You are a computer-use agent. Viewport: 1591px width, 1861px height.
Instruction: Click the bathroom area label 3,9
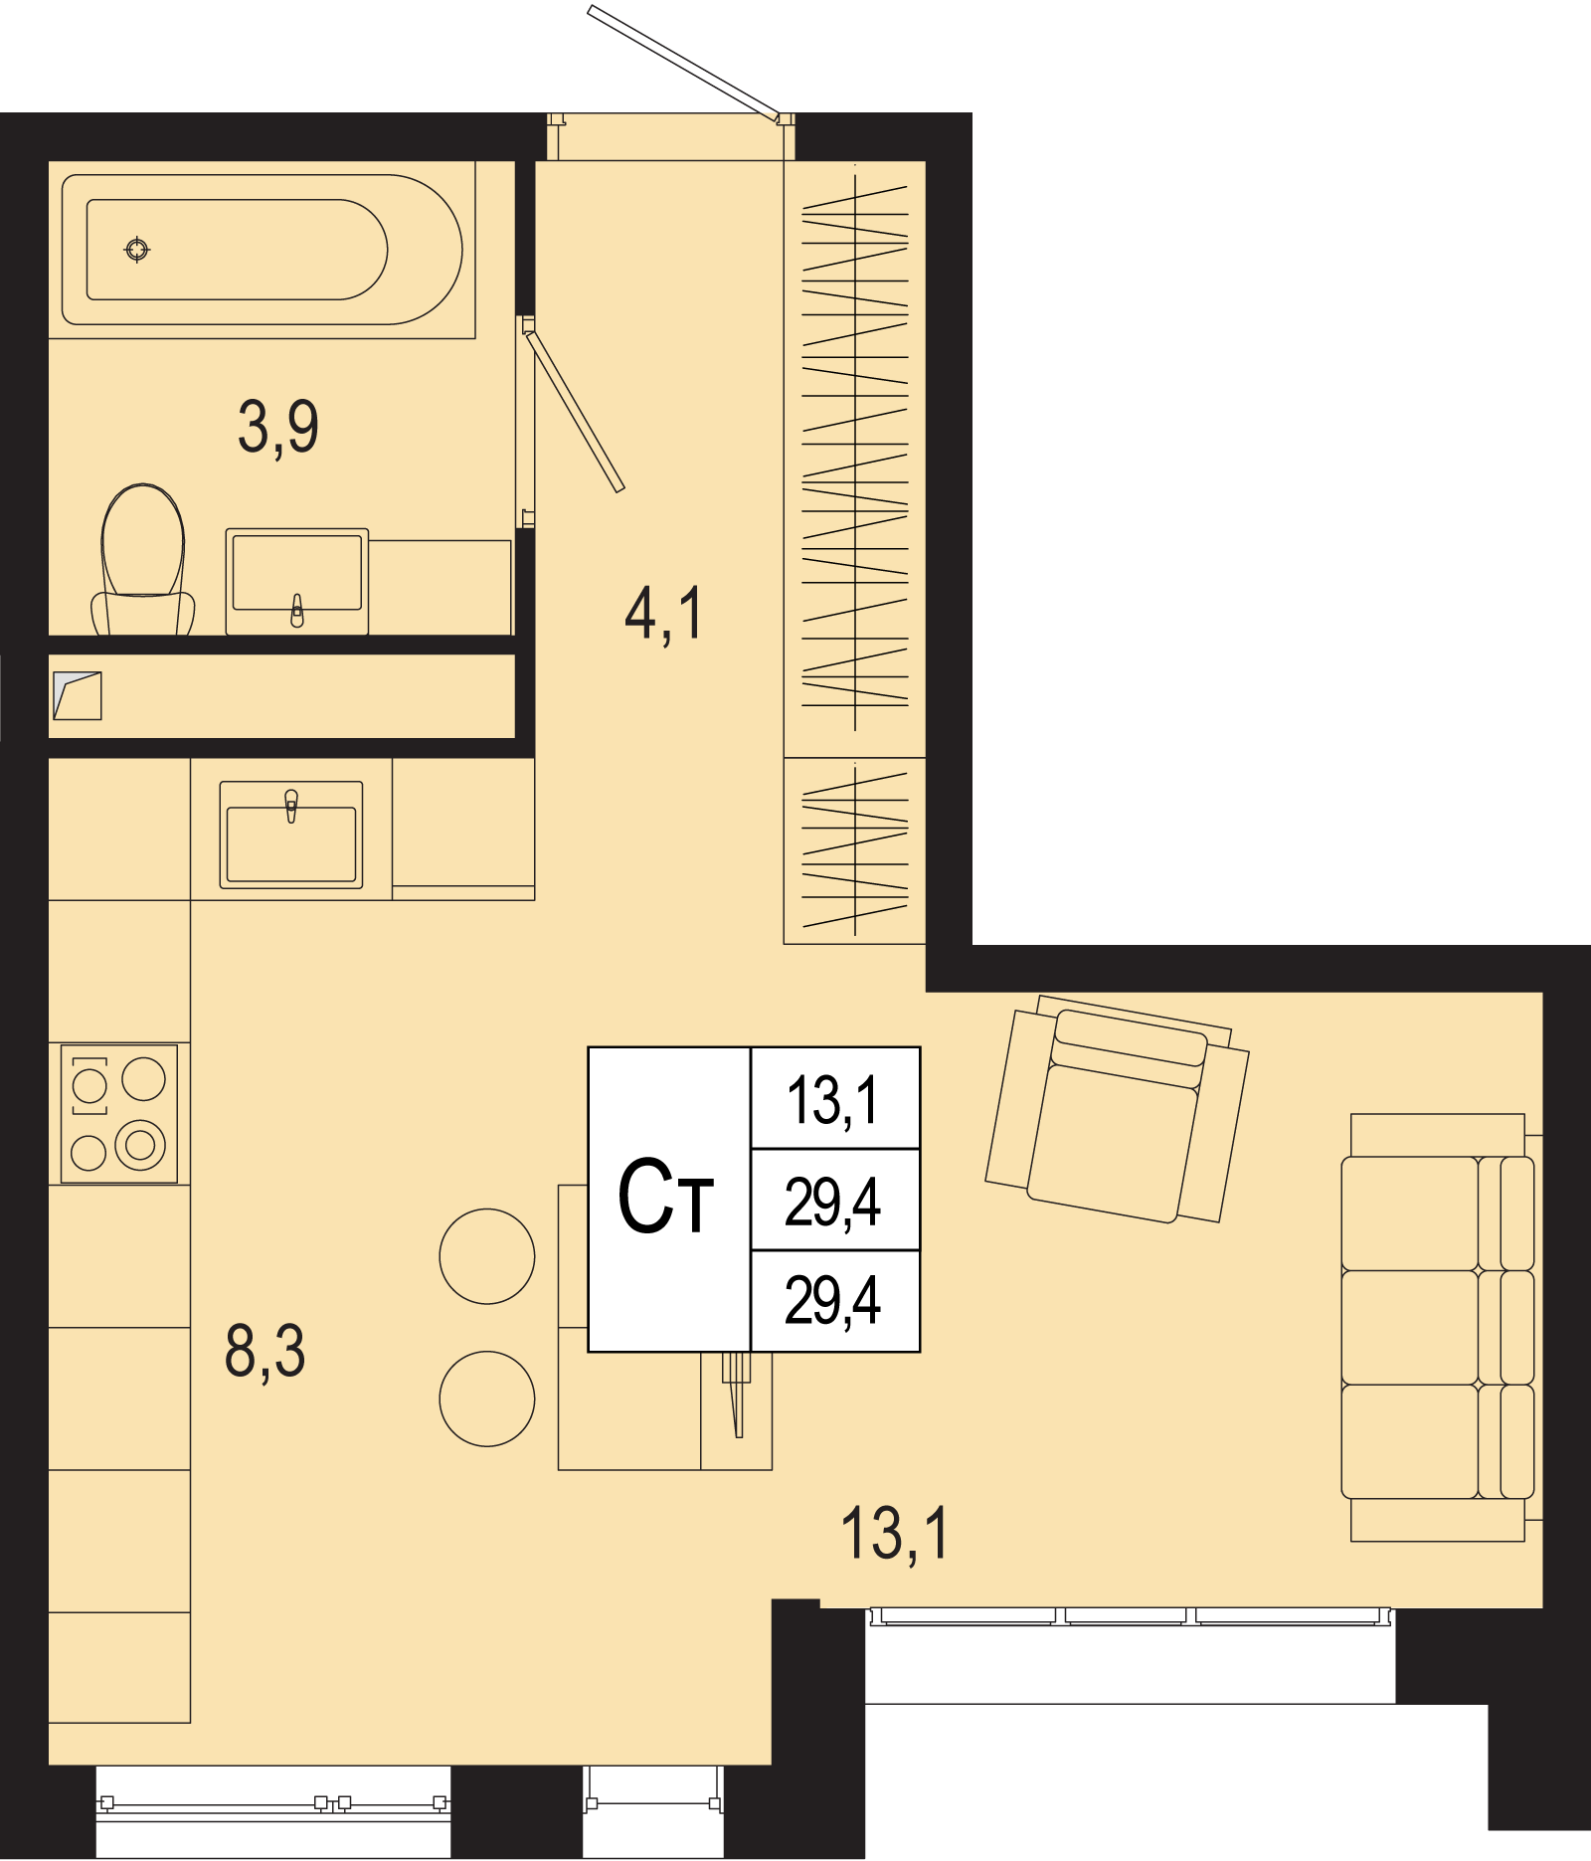278,428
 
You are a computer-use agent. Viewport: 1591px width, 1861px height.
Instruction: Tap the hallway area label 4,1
663,613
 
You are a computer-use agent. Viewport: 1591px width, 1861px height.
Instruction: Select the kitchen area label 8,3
265,1352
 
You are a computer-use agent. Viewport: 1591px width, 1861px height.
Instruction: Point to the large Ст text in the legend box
665,1197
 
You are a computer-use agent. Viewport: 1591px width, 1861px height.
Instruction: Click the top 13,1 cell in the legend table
833,1101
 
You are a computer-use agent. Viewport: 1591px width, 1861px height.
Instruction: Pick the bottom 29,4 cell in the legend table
833,1301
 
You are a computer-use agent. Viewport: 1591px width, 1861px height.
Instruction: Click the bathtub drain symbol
137,249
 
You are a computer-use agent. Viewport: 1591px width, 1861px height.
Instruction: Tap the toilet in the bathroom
143,560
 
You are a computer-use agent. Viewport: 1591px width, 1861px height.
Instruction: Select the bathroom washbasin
297,582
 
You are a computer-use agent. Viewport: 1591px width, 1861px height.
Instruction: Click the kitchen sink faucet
291,806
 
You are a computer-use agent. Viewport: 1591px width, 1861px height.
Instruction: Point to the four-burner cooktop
118,1113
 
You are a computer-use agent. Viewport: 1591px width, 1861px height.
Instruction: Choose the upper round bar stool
487,1256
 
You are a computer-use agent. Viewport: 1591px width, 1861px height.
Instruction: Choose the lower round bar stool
487,1398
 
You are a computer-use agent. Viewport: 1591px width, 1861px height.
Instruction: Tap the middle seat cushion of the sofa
1410,1327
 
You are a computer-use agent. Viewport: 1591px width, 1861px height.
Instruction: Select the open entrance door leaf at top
683,62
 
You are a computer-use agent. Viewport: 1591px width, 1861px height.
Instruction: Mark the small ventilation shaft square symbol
78,695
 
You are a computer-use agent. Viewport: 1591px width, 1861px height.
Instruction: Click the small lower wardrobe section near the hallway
854,850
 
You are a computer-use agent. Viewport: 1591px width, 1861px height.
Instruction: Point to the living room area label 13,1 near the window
895,1534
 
